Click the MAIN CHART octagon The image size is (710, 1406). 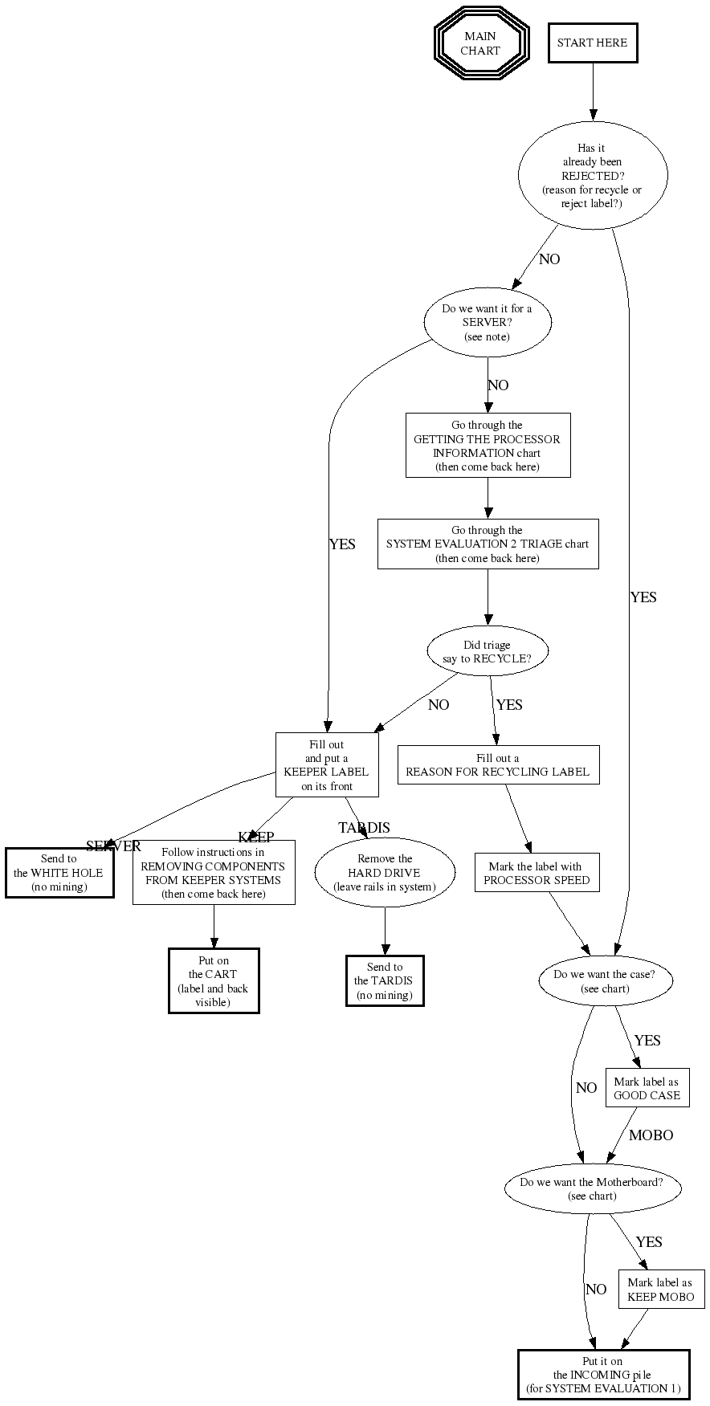480,43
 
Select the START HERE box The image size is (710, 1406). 592,43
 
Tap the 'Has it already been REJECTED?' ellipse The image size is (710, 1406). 593,176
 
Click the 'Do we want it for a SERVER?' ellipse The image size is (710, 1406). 487,323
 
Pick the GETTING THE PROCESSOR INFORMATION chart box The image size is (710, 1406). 488,446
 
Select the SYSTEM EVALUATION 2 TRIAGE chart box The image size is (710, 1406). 488,544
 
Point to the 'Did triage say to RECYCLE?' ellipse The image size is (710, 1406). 487,651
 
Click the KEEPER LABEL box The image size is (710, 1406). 326,765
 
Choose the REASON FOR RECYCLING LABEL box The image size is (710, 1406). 497,765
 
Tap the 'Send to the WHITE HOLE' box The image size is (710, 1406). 59,873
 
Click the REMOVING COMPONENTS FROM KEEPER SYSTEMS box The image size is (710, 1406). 213,874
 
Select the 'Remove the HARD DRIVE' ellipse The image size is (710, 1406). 385,873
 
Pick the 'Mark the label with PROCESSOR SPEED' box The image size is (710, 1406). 537,874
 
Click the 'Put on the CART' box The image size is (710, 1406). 214,981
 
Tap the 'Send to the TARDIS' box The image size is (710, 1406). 385,981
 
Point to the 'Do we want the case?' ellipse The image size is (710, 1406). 604,981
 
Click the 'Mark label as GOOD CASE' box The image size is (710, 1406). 647,1089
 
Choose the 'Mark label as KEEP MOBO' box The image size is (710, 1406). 660,1290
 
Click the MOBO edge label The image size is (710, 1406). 651,1135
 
